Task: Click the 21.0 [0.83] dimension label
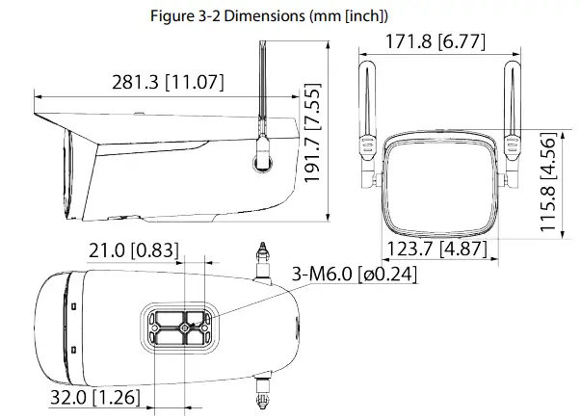133,250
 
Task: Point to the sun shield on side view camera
145,125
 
